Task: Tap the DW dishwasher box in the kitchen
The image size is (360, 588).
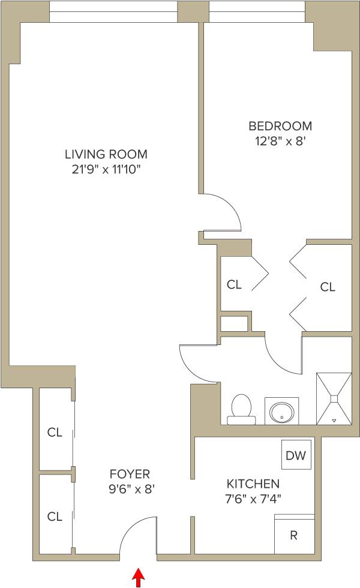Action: coord(295,455)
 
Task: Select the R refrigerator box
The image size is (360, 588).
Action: coord(294,535)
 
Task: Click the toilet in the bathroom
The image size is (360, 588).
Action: coord(241,409)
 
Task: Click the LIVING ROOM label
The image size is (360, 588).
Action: coord(106,154)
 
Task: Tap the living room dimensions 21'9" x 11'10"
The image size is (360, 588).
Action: coord(106,169)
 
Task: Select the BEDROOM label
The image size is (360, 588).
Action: coord(280,126)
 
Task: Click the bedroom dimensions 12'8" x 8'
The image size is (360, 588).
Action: coord(280,142)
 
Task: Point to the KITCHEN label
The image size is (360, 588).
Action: coord(253,484)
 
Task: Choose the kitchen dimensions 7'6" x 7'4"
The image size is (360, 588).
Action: coord(253,498)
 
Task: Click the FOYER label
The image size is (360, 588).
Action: coord(130,474)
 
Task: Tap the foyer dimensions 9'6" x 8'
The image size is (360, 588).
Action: coord(131,489)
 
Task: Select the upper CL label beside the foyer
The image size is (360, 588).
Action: coord(55,432)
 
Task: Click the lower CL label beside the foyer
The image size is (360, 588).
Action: coord(55,516)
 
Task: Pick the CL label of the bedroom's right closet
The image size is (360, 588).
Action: coord(328,287)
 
